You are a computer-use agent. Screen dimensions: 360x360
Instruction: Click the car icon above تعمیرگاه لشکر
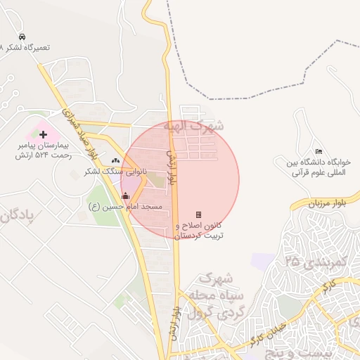point(22,37)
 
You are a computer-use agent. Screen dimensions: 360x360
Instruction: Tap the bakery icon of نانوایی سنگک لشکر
point(115,161)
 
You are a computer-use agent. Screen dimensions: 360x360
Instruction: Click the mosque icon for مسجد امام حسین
point(126,196)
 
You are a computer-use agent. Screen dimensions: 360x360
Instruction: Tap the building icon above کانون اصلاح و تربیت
point(198,214)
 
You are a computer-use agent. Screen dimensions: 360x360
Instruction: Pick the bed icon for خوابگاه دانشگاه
point(319,151)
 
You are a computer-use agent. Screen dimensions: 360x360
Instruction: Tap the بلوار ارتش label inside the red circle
point(174,167)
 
